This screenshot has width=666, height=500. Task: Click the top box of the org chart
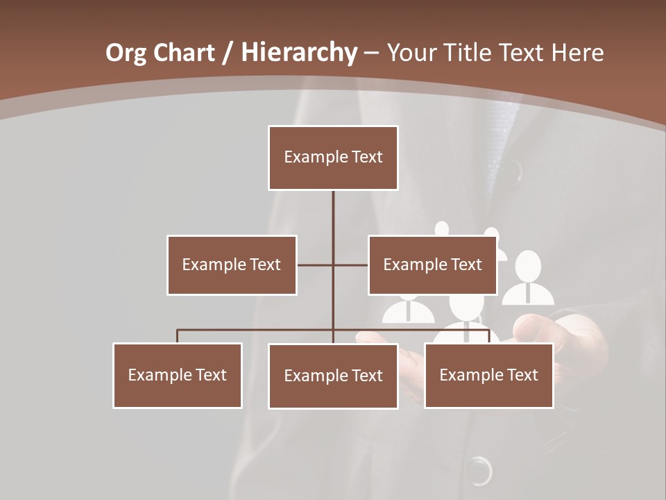point(333,158)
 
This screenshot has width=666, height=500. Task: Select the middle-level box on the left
point(232,265)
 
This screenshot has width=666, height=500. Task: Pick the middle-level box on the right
point(432,265)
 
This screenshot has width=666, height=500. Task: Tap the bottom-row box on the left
point(178,375)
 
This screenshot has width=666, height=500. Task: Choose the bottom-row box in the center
point(333,376)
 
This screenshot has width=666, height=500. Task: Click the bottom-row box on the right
point(488,375)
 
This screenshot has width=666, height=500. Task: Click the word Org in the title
point(126,53)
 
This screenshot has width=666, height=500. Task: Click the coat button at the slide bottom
point(478,470)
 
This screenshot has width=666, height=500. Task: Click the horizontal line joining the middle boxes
point(333,265)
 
